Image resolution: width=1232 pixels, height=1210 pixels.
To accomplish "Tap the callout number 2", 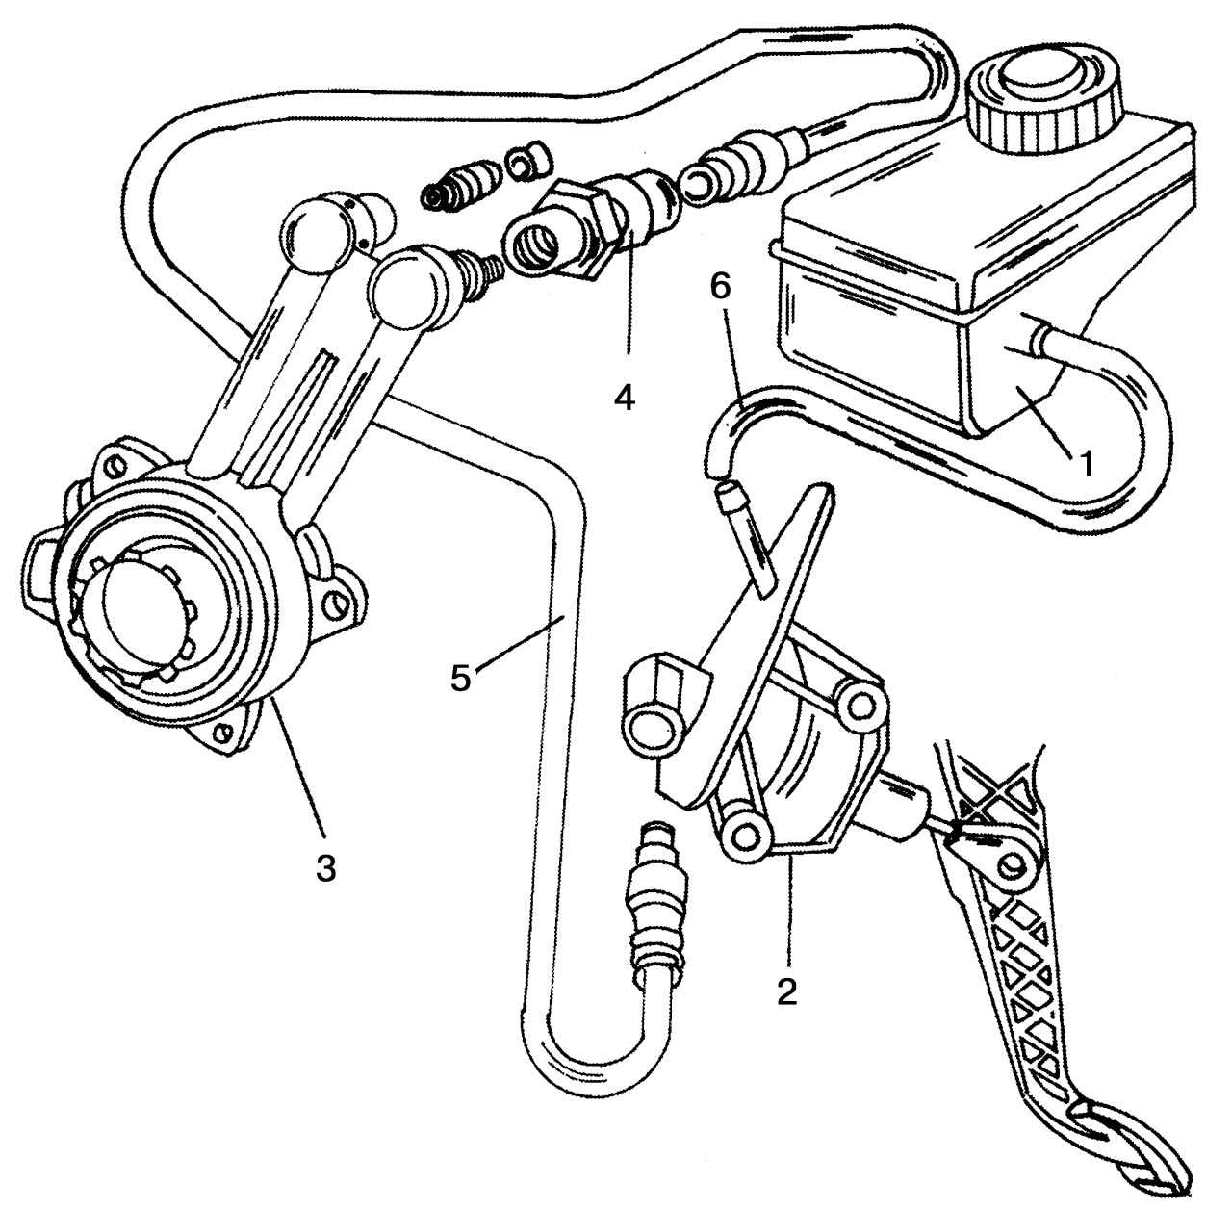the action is tap(787, 991).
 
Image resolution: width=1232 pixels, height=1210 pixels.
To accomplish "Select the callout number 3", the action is tap(326, 867).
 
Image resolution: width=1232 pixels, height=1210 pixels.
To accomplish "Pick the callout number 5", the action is tap(461, 677).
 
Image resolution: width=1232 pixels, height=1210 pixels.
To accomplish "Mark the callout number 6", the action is tap(720, 289).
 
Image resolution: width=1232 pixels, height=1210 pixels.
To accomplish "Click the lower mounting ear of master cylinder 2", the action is tap(746, 835).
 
